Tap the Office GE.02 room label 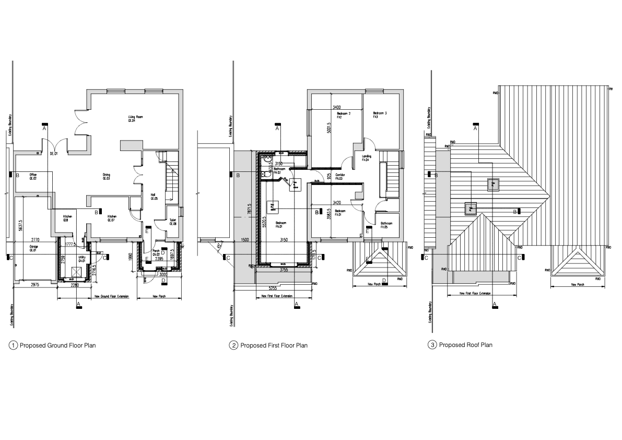[32, 176]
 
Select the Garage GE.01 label [33, 248]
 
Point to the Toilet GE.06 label [173, 222]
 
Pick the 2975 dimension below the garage [34, 285]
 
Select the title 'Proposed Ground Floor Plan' [57, 345]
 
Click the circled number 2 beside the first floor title [234, 345]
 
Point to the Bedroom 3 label [379, 115]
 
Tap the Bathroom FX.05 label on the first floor [387, 225]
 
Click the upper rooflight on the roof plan [493, 183]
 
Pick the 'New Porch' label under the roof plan [577, 285]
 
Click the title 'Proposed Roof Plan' [465, 345]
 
